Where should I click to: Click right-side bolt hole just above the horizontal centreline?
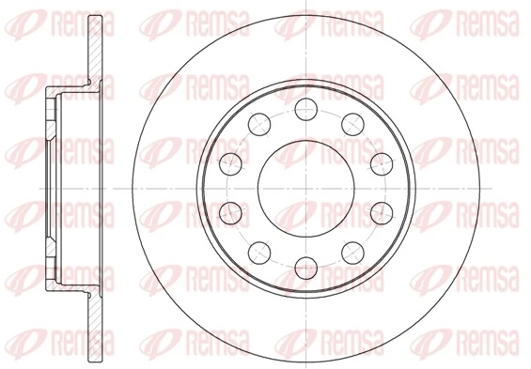380,162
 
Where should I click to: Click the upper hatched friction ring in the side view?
94,47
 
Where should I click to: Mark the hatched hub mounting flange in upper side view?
51,117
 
